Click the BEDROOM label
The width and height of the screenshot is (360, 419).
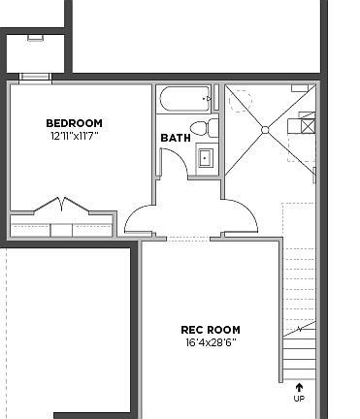75,123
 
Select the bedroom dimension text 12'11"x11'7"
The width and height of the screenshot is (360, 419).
75,137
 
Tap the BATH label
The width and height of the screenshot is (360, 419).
175,138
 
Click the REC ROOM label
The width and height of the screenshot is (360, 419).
211,330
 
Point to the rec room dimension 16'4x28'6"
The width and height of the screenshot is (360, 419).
211,343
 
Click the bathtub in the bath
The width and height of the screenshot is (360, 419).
184,98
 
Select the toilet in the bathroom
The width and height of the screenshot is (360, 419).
201,129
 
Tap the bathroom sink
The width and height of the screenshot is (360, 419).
206,157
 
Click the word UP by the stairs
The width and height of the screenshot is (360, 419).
299,398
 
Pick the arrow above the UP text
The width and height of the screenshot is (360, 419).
299,387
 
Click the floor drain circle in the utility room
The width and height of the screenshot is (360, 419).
265,129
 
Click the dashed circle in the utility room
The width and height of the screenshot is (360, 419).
240,99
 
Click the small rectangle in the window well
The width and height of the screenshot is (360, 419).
35,37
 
